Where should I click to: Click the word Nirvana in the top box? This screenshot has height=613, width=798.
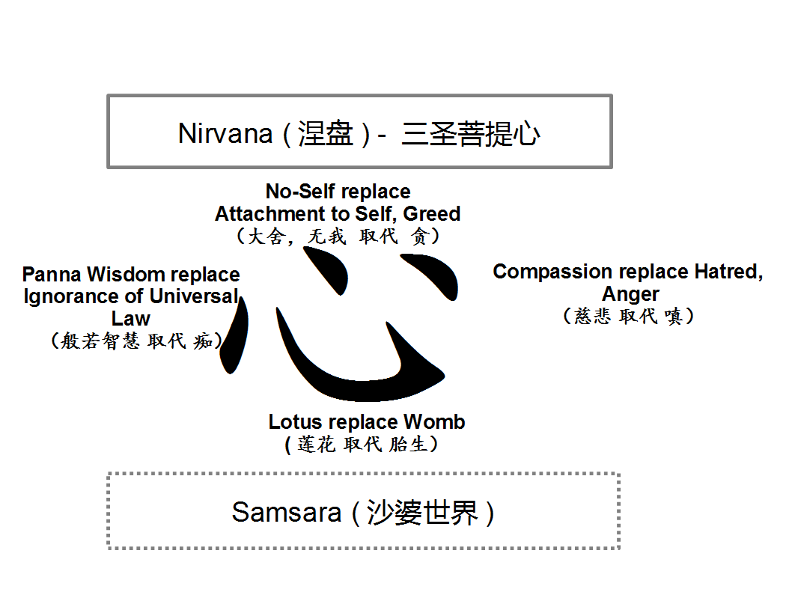[225, 133]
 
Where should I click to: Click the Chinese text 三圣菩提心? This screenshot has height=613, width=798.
[470, 133]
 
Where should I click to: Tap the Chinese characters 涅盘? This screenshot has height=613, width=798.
[325, 133]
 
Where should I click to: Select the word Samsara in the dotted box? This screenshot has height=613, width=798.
[287, 513]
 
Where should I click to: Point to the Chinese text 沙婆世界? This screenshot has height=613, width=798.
[422, 513]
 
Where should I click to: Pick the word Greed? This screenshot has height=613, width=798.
[432, 214]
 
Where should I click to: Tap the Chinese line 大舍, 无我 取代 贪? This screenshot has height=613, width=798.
[338, 237]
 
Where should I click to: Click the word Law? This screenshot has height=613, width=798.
[131, 318]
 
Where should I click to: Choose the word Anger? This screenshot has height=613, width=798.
[630, 293]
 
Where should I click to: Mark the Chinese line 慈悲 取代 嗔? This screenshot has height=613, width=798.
[629, 316]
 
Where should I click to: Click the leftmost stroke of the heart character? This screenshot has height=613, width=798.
[236, 337]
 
